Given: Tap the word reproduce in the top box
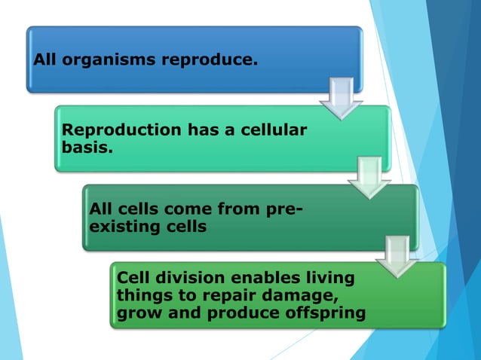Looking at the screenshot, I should tap(213, 59).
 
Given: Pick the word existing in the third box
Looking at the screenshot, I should tap(119, 225).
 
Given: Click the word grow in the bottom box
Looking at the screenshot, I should tap(136, 313).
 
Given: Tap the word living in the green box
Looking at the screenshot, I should tap(323, 278).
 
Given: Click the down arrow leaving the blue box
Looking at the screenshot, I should tap(341, 97).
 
